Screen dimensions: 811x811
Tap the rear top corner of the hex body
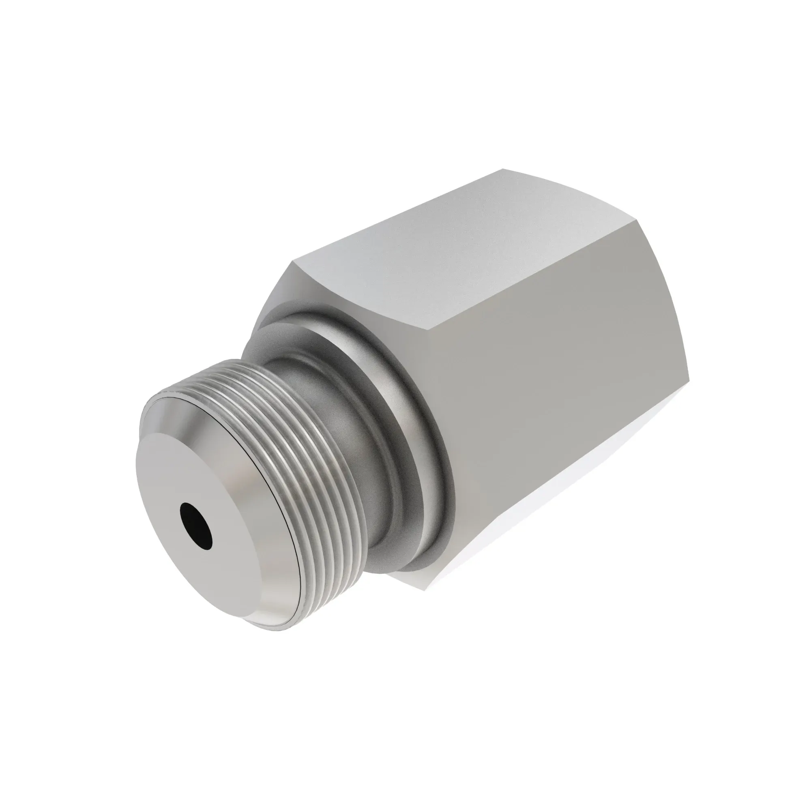(x=503, y=169)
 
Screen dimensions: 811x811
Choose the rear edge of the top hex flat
(x=588, y=185)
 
